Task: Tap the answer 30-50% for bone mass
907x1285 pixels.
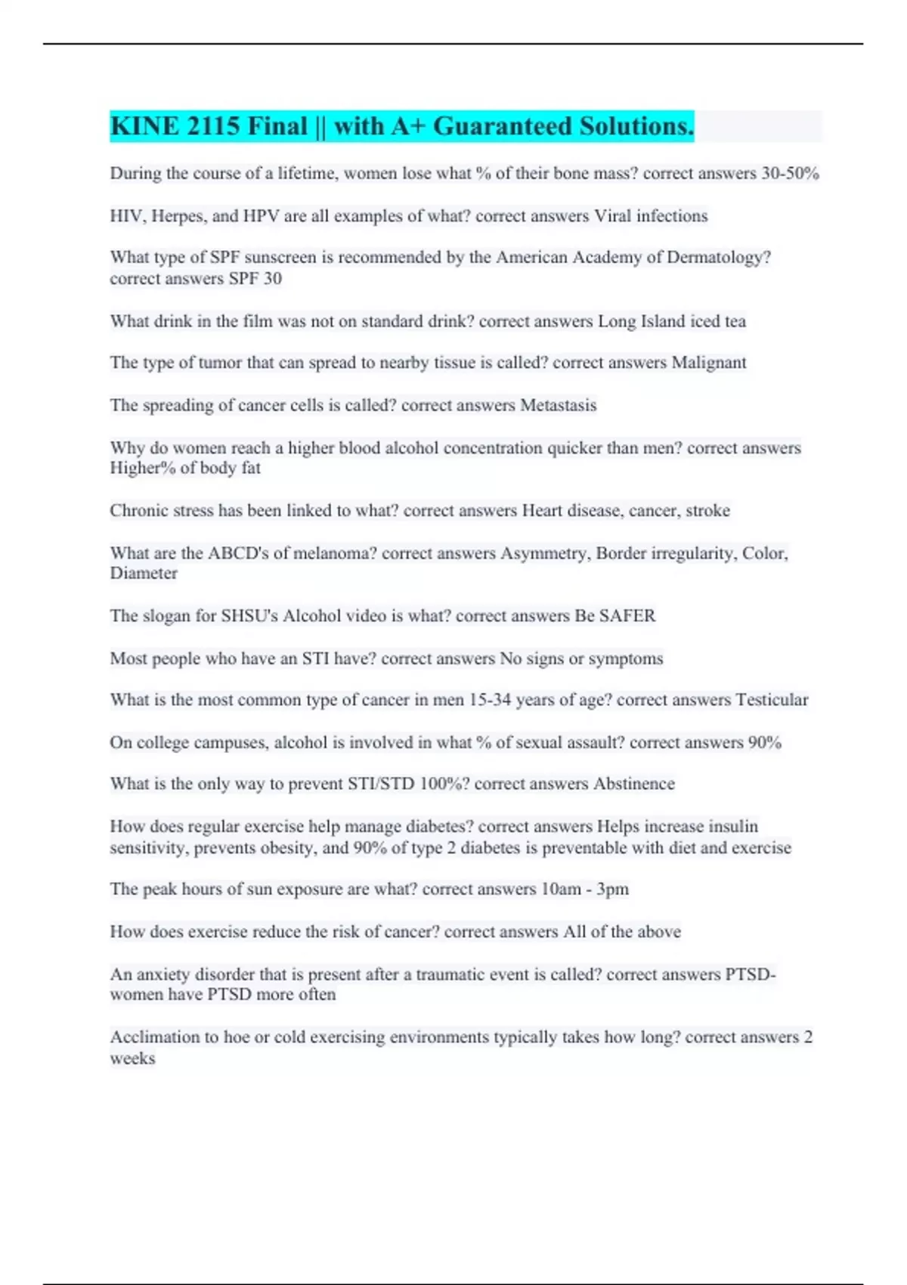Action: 790,173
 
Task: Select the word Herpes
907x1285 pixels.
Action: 178,216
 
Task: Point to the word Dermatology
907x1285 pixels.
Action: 718,258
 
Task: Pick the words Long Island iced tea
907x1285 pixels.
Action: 671,321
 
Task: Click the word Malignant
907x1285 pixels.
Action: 708,363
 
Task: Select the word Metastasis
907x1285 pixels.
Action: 558,405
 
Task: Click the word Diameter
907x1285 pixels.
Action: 144,573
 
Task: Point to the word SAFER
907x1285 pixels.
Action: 627,616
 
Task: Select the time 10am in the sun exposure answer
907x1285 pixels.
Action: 561,889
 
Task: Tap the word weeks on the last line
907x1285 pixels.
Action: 132,1058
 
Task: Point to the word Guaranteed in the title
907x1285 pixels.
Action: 502,126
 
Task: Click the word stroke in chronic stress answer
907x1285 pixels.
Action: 707,511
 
